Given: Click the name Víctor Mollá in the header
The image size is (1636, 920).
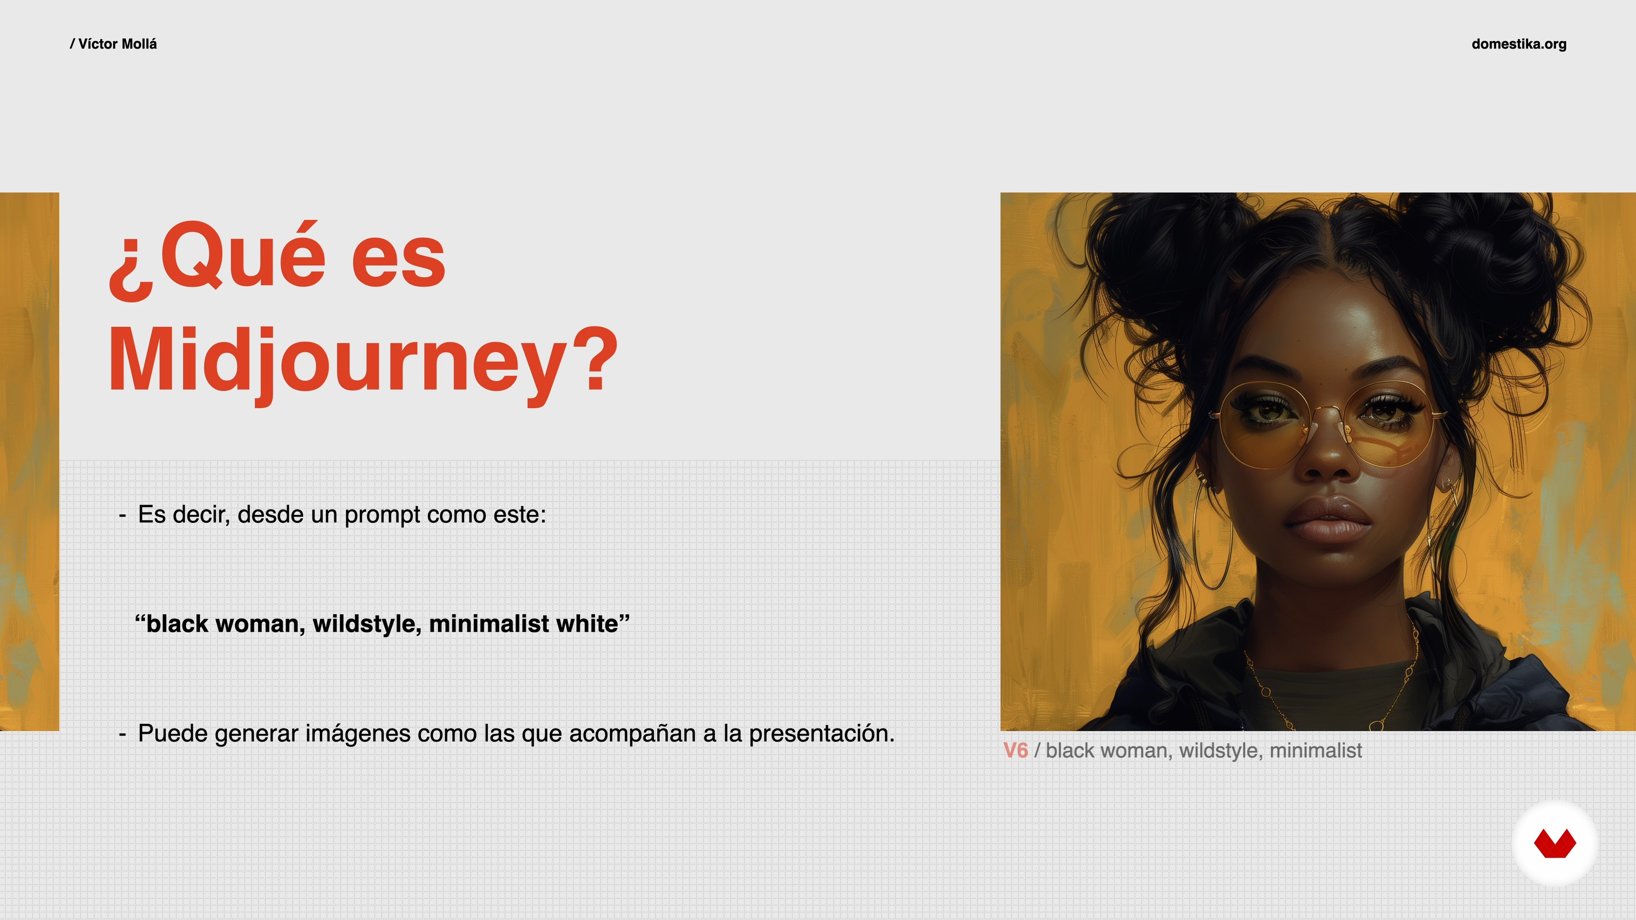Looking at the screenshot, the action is coord(118,44).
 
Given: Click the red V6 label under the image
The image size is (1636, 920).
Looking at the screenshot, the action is coord(1015,750).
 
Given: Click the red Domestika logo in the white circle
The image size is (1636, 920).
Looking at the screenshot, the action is coord(1555,844).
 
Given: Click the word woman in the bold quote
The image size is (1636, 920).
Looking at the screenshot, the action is coord(258,624).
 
